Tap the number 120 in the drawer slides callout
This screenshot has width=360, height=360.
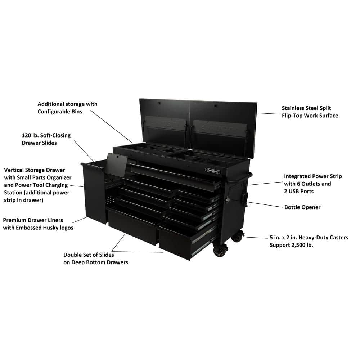[27, 135]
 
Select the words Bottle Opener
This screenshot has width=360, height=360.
[302, 207]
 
